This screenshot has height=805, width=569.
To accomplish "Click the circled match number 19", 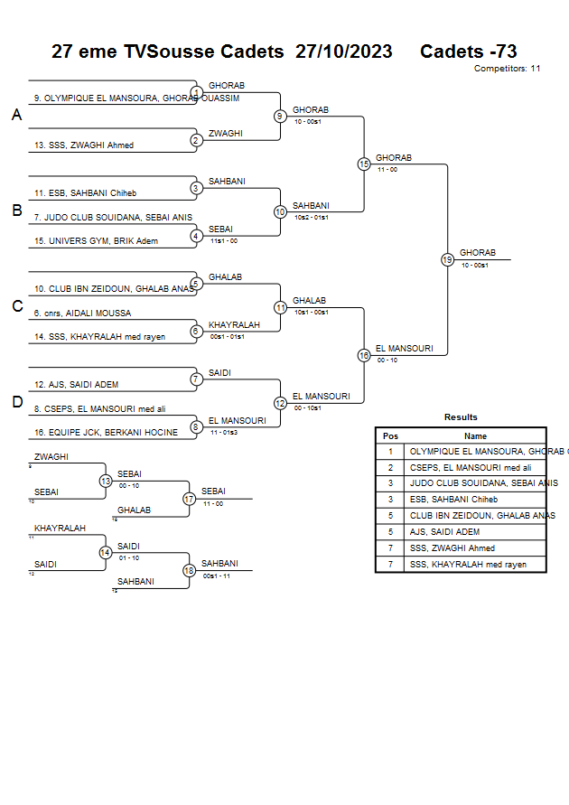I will [447, 260].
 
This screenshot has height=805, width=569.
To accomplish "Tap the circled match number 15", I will [364, 164].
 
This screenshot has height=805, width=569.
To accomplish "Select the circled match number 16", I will [364, 356].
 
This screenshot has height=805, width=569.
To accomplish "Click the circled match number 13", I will [106, 481].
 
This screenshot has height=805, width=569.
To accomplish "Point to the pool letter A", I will [16, 116].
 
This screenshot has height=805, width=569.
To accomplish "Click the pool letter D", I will [16, 403].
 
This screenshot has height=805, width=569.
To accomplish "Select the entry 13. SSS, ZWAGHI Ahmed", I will [84, 145].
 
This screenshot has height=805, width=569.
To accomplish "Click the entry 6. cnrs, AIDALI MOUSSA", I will [82, 314].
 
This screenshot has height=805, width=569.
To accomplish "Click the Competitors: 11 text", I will [507, 69].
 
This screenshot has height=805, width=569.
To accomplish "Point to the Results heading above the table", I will [461, 417].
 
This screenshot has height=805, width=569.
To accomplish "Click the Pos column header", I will [390, 435].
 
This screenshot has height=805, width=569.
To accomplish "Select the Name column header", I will [475, 435].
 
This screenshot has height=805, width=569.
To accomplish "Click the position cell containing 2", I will [390, 467].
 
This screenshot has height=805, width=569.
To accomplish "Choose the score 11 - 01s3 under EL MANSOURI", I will [224, 433].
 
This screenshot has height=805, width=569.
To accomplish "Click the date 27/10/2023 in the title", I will [343, 51].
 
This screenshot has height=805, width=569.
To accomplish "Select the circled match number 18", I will [189, 570].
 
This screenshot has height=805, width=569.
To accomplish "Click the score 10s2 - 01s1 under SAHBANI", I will [312, 218].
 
